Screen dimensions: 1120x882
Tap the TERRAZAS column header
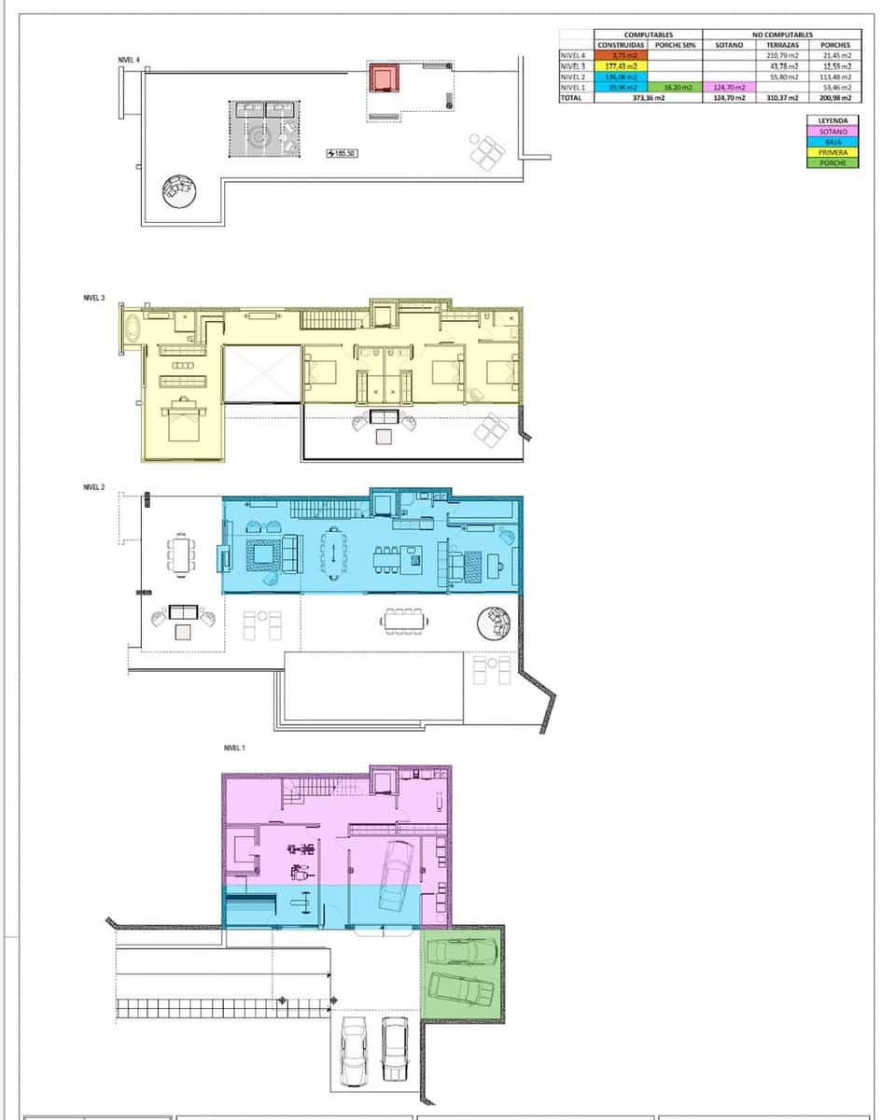point(782,45)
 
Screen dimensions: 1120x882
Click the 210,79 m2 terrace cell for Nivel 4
point(782,56)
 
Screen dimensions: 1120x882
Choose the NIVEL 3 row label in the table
point(573,66)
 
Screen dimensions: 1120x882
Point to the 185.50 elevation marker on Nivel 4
point(343,153)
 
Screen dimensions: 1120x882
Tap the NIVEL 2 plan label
point(94,487)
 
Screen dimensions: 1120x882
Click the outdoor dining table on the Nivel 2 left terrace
point(182,553)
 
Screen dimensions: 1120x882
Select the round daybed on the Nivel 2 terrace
point(494,623)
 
